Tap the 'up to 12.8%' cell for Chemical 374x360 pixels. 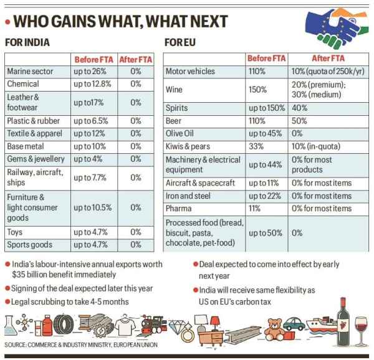pos(92,84)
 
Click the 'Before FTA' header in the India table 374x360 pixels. pos(94,59)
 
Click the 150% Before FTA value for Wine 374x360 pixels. pos(257,90)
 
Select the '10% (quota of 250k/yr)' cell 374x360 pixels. pos(328,72)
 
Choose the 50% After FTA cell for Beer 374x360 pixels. pos(299,121)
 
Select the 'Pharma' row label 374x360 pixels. pos(179,208)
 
